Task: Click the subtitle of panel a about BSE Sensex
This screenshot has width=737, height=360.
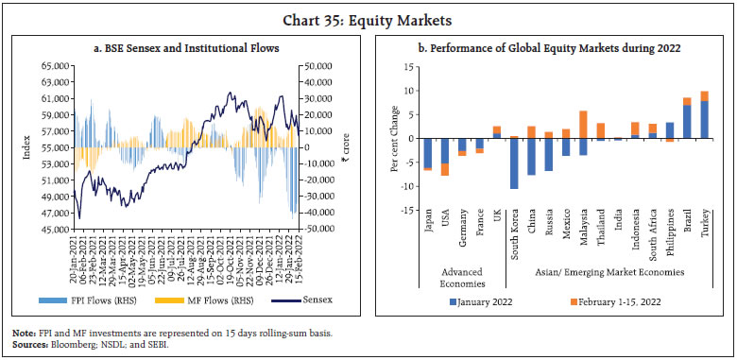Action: point(185,48)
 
